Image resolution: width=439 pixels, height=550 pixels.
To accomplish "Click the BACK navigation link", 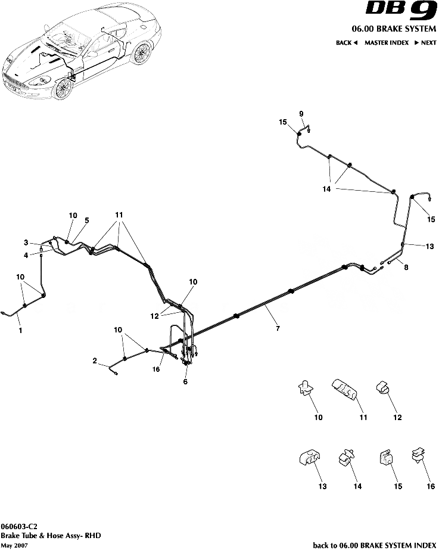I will coord(346,43).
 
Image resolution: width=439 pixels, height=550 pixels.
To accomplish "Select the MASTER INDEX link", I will coord(387,43).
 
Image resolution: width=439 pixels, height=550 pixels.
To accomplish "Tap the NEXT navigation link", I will coord(425,43).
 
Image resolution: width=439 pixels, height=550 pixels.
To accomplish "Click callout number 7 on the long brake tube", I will coord(276,328).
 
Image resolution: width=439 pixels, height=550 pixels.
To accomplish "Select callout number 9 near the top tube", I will coord(301,114).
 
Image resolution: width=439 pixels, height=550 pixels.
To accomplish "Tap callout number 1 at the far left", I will coord(20,330).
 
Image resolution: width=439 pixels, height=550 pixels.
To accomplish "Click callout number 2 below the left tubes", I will coord(95,361).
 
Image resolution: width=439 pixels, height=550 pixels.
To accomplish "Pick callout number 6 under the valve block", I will coord(185,381).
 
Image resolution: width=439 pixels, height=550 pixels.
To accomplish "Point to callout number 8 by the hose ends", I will coord(406,268).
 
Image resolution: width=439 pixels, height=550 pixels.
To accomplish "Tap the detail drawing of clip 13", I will coord(309,459).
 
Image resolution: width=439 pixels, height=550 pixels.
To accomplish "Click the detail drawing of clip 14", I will coord(346,459).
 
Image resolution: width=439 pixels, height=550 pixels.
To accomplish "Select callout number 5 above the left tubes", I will coord(86,220).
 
